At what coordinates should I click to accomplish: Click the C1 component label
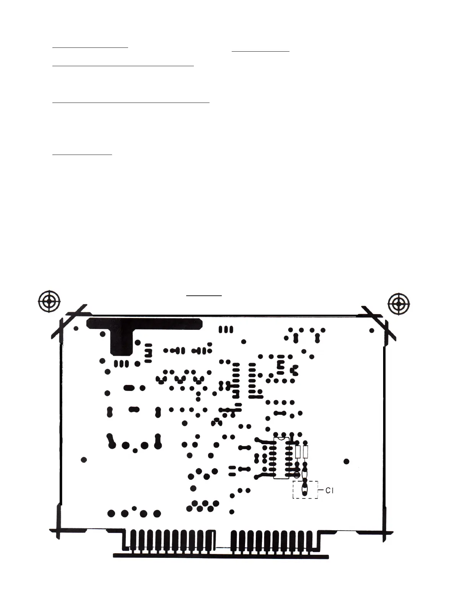[x=329, y=490]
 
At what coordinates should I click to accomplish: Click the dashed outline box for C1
[x=305, y=490]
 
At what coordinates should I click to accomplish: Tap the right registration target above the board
[x=399, y=305]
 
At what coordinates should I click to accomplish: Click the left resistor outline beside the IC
[x=298, y=452]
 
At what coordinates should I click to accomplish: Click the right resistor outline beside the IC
[x=305, y=452]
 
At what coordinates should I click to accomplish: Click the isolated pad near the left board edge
[x=84, y=459]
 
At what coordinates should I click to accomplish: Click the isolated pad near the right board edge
[x=346, y=461]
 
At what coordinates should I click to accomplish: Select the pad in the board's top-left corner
[x=76, y=328]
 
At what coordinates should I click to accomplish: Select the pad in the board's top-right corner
[x=372, y=330]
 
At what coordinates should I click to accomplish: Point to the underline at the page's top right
[x=261, y=50]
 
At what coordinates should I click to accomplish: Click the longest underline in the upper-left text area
[x=131, y=103]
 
